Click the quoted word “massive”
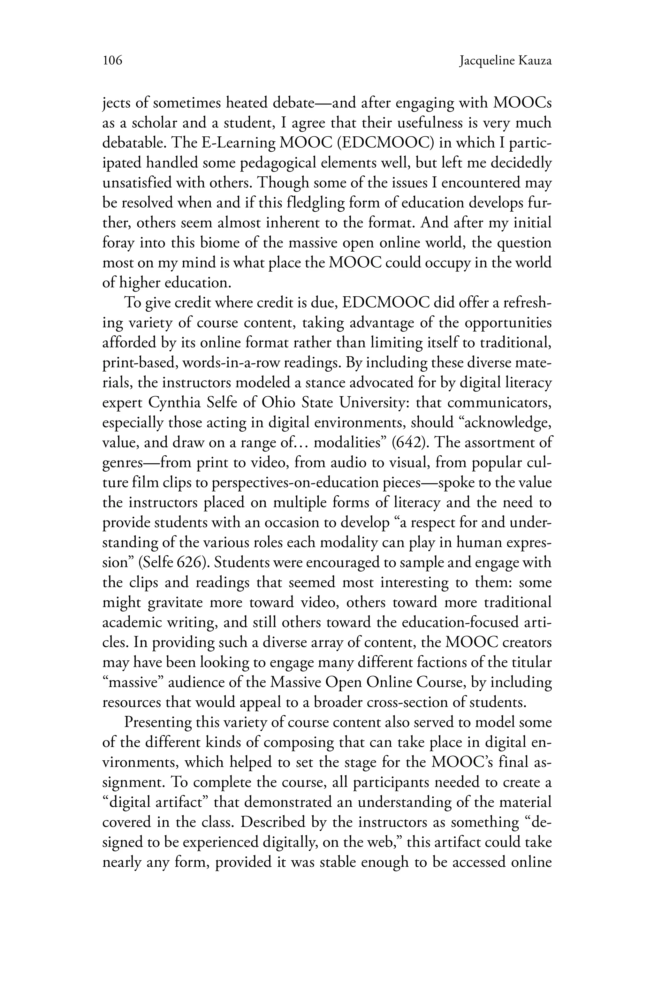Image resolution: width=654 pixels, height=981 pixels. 135,682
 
